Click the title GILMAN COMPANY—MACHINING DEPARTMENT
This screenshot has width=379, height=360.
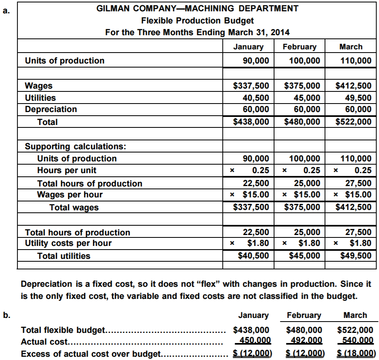(198, 8)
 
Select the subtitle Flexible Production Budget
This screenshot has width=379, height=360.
(198, 20)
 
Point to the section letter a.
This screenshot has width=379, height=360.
(5, 11)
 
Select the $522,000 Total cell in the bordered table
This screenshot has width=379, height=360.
(354, 122)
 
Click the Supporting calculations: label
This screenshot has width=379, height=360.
(76, 146)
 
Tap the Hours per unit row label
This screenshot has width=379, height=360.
(67, 170)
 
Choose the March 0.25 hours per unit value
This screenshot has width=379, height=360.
(362, 170)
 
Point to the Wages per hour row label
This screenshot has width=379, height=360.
(69, 195)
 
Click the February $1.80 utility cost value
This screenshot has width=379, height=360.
(309, 243)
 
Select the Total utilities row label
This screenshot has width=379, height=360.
(64, 256)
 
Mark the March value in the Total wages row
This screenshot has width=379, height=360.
(354, 207)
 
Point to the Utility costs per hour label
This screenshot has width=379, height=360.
(68, 243)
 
